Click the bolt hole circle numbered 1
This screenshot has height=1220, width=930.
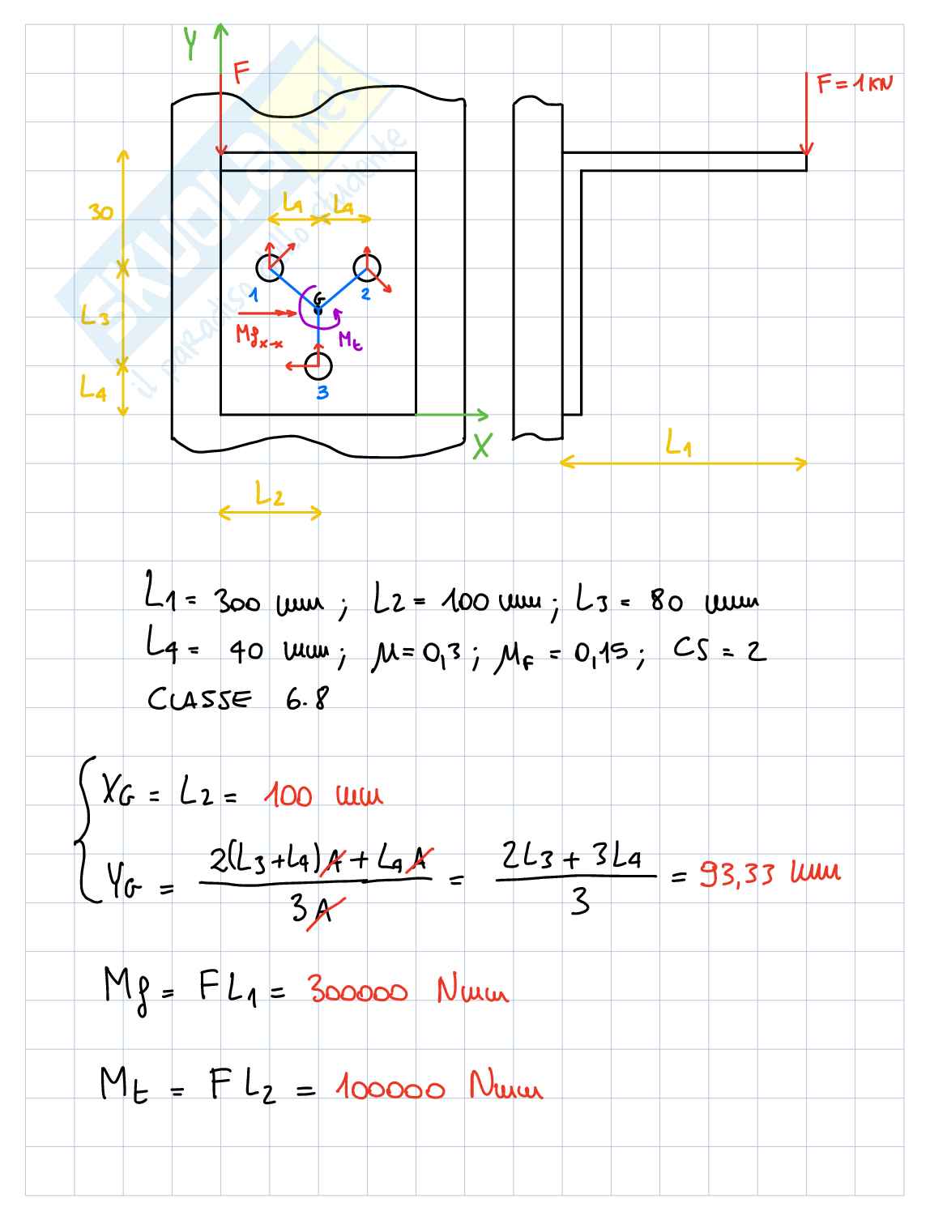[270, 267]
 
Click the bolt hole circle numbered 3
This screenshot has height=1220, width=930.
[318, 366]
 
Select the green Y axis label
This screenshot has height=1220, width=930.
[190, 45]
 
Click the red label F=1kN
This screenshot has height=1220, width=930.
[854, 83]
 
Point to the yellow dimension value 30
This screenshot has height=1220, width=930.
[101, 213]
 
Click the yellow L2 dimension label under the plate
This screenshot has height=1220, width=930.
[270, 493]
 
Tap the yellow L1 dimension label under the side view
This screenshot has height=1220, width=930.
[679, 443]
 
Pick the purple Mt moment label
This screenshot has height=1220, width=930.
[350, 340]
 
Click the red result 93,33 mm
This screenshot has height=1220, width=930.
[770, 873]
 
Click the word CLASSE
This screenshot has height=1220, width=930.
[199, 698]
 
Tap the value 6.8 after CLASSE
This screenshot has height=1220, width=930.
[307, 698]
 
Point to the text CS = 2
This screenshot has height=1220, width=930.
[719, 650]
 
